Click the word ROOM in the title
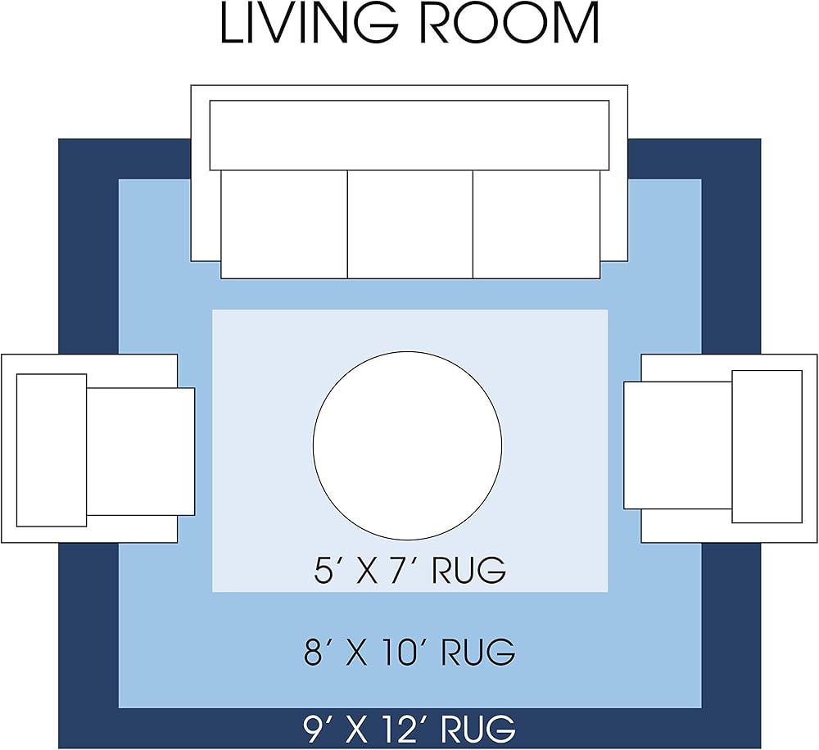pyautogui.click(x=509, y=24)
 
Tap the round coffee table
pyautogui.click(x=407, y=445)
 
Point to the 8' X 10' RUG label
pyautogui.click(x=410, y=651)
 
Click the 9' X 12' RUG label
pyautogui.click(x=410, y=729)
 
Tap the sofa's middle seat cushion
pyautogui.click(x=410, y=224)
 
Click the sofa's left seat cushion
pyautogui.click(x=284, y=224)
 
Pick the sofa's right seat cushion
pyautogui.click(x=536, y=224)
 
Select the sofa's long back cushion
pyautogui.click(x=409, y=135)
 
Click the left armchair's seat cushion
pyautogui.click(x=141, y=451)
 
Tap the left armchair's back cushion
pyautogui.click(x=52, y=450)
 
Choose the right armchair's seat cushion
pyautogui.click(x=678, y=445)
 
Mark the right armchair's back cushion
pyautogui.click(x=767, y=446)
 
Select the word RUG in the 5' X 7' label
pyautogui.click(x=469, y=570)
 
